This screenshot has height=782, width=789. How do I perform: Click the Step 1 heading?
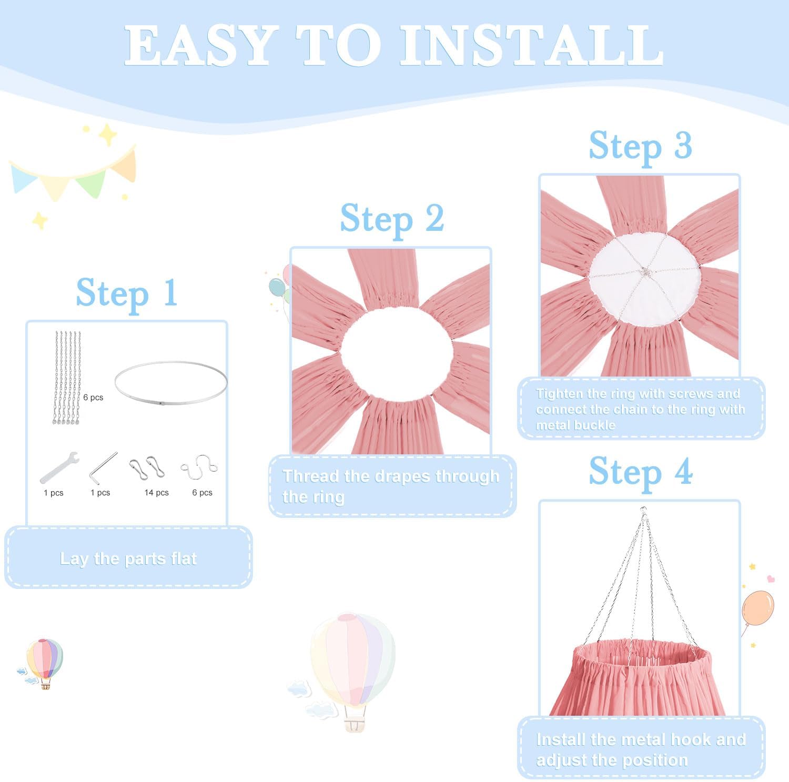point(126,293)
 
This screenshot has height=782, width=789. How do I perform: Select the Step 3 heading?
point(640,146)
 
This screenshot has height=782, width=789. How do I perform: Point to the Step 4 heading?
point(640,472)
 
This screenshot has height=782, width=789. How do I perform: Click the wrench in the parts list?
point(59,467)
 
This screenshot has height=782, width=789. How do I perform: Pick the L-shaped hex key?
point(103,466)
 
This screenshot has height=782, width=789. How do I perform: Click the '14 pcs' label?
point(156,493)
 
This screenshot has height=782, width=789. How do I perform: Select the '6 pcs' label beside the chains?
point(93,398)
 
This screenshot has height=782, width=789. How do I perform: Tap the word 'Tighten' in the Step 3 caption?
point(560,394)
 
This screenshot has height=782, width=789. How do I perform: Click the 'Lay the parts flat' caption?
point(128,558)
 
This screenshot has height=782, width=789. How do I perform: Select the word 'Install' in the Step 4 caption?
point(561,739)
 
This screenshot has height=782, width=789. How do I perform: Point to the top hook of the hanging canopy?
point(643,510)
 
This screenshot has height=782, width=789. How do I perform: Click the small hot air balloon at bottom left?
point(44,663)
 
